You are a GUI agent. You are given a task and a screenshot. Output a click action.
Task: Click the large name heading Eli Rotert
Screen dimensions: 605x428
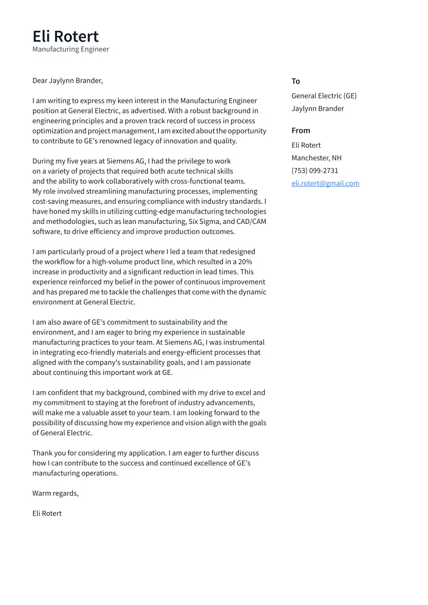(65, 36)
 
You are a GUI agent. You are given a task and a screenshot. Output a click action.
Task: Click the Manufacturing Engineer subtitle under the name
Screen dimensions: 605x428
(70, 49)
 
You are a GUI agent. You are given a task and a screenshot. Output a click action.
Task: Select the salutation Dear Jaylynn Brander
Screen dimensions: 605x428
(67, 81)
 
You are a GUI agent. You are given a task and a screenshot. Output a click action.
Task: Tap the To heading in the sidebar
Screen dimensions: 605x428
(295, 81)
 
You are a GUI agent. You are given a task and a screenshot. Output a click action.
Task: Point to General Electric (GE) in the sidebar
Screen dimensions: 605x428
(324, 96)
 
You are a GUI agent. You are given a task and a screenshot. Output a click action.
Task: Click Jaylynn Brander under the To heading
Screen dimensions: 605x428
(318, 108)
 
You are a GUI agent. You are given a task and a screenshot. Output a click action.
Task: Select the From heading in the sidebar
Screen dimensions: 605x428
(301, 130)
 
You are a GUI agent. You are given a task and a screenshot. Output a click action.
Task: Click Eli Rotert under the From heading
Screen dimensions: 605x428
(306, 145)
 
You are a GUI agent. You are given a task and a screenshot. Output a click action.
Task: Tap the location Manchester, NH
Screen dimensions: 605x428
(316, 158)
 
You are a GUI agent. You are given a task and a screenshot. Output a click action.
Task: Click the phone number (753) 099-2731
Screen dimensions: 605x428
(314, 171)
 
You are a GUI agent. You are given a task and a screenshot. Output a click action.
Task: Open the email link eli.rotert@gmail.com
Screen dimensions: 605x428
(325, 183)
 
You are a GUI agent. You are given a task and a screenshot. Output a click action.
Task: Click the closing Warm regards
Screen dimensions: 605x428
(55, 493)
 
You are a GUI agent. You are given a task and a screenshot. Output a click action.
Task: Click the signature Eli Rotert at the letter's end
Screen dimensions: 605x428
(47, 514)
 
